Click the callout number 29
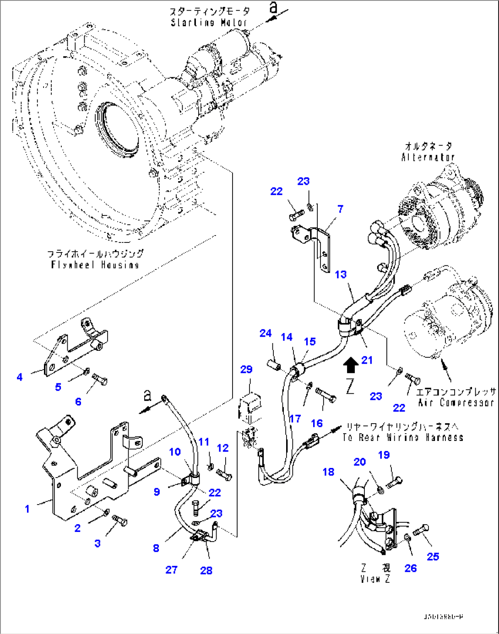[246, 369]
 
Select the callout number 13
[341, 274]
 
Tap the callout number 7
[340, 209]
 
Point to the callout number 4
[19, 377]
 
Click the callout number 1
[27, 509]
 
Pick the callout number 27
[171, 570]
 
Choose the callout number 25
[433, 556]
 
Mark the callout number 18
[328, 472]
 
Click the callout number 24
[266, 333]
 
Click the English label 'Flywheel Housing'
[95, 265]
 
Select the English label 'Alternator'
[428, 157]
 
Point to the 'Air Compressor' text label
[456, 403]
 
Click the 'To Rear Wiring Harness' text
[403, 437]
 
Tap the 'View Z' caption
[375, 579]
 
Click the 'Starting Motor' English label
[209, 22]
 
